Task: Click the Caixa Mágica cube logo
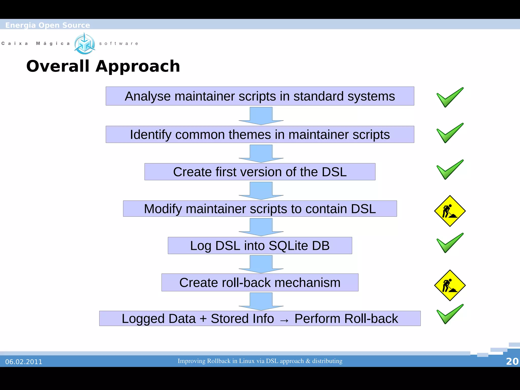[x=85, y=44]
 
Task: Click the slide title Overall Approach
[x=103, y=66]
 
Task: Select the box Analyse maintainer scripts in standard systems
[x=260, y=96]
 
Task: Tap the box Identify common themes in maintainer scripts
[x=260, y=135]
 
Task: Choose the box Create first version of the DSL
[x=260, y=172]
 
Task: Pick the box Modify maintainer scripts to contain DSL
[x=260, y=209]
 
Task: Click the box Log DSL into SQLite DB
[x=260, y=246]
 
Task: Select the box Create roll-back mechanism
[x=260, y=283]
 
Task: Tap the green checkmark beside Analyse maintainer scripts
[x=449, y=98]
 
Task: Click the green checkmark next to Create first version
[x=449, y=170]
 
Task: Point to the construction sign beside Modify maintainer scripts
[x=450, y=211]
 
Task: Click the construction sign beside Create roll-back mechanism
[x=450, y=285]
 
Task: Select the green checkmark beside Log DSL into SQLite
[x=449, y=243]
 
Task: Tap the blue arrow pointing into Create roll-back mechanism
[x=261, y=264]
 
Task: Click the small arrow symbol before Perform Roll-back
[x=284, y=320]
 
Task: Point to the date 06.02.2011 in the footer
[x=24, y=362]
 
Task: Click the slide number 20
[x=512, y=361]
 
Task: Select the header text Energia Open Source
[x=47, y=25]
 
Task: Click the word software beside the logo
[x=119, y=44]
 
